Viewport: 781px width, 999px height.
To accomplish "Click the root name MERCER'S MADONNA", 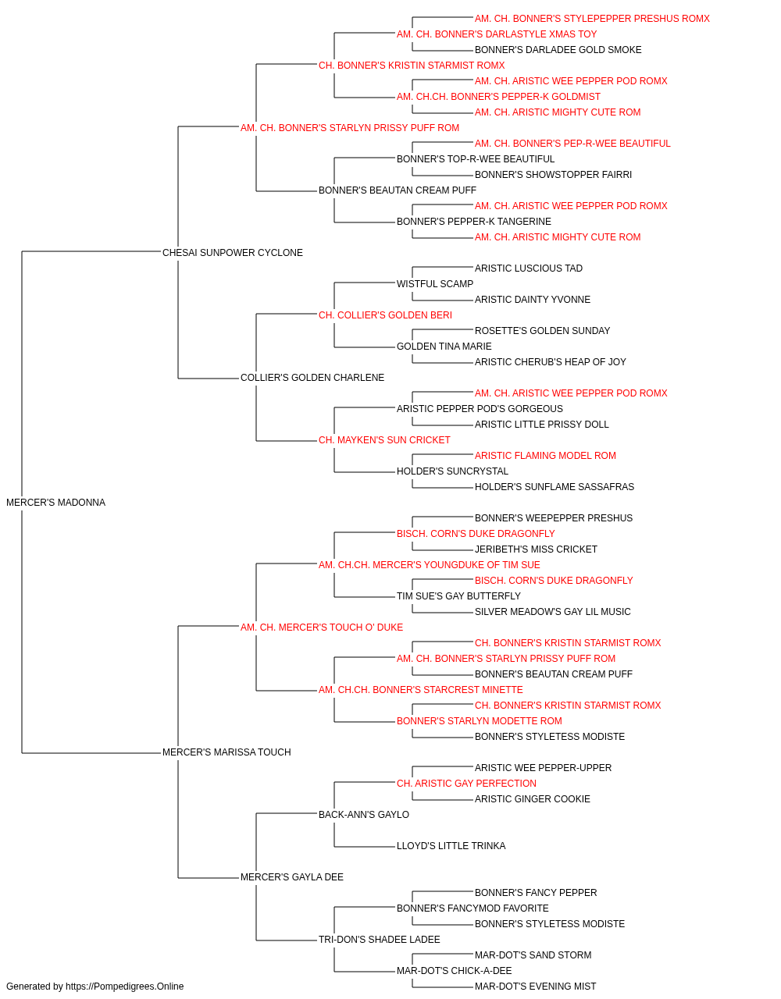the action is point(55,503).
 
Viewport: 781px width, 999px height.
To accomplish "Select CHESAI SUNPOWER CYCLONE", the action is point(232,253).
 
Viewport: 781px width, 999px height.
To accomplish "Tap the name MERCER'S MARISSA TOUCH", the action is point(226,752).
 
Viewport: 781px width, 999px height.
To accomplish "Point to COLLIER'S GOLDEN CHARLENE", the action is point(312,378).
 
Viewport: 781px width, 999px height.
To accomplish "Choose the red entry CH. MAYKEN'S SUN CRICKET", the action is point(384,440).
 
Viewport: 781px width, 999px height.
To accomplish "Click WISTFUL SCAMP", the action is point(435,284).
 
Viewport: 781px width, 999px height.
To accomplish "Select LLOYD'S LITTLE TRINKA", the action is point(451,846).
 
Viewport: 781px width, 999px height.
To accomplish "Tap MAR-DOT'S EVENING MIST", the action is point(535,987).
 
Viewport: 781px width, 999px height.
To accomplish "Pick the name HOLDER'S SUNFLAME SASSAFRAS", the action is point(555,487).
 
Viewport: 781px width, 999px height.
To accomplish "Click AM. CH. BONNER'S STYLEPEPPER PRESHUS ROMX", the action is point(592,19).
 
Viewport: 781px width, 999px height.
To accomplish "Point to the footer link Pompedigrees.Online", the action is point(124,987).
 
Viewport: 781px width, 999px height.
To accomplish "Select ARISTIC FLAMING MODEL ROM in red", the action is point(545,456).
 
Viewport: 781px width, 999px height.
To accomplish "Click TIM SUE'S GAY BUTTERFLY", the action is point(458,596).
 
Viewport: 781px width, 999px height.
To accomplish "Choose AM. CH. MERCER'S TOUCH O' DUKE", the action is point(322,627).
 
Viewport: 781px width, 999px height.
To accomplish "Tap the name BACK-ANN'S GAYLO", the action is point(363,815).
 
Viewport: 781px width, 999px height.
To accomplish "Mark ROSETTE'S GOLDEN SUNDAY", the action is point(542,331).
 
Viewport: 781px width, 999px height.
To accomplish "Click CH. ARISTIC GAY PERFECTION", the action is point(466,784).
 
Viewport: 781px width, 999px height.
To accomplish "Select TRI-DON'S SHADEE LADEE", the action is point(379,940).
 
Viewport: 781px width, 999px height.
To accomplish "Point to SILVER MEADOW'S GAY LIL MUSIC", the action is point(552,612).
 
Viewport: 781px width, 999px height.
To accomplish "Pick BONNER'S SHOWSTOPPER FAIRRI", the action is point(553,175).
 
